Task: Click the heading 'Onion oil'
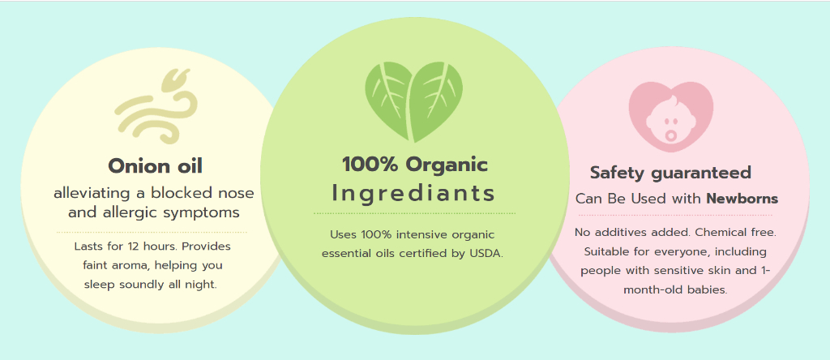pos(155,166)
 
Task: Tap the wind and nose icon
pos(156,103)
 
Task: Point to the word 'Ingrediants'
pos(413,194)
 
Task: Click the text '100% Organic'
pos(414,165)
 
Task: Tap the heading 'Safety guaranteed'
pos(670,173)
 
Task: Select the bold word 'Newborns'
pos(742,199)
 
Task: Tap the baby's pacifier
pos(670,135)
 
